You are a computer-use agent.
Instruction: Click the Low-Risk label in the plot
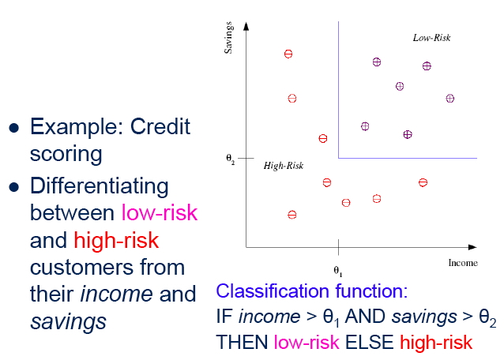431,38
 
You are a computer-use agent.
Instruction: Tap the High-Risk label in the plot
283,166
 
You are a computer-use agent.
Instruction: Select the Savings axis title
228,38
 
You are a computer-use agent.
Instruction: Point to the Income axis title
463,263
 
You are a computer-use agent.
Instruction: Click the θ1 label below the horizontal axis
338,271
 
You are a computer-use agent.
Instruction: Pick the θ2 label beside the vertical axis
231,159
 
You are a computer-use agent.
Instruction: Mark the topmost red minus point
288,54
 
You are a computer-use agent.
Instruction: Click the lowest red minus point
291,215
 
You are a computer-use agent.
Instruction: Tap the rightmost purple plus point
450,98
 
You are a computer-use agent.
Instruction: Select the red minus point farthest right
423,182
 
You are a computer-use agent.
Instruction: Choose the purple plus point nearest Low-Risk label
427,66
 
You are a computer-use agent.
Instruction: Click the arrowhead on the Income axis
472,247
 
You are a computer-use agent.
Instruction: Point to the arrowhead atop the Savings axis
246,26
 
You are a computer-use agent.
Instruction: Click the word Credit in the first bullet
160,126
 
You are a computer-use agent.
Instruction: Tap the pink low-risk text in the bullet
160,212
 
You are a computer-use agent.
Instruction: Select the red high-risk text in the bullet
116,240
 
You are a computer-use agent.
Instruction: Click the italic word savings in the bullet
68,321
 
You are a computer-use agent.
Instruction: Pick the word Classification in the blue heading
273,291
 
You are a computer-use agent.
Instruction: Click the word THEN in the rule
242,342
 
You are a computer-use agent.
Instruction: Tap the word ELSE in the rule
370,342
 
